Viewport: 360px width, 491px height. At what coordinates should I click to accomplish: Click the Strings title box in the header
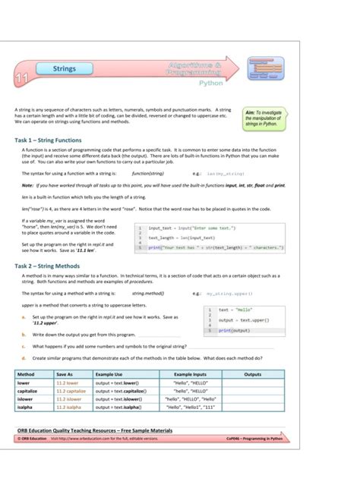coord(65,69)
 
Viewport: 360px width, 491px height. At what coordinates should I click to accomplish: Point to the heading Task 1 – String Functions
coord(49,140)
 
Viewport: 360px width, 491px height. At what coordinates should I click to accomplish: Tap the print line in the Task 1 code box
coord(216,247)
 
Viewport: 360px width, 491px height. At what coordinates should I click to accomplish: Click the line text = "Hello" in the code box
coord(236,310)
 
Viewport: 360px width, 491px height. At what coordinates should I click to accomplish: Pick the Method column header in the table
coord(26,374)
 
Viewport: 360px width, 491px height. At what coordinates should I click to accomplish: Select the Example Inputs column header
coord(190,374)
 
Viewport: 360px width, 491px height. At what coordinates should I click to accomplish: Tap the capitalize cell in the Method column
coord(29,391)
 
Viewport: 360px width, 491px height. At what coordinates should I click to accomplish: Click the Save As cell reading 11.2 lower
coord(68,383)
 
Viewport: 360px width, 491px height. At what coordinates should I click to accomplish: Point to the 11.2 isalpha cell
coord(69,407)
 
